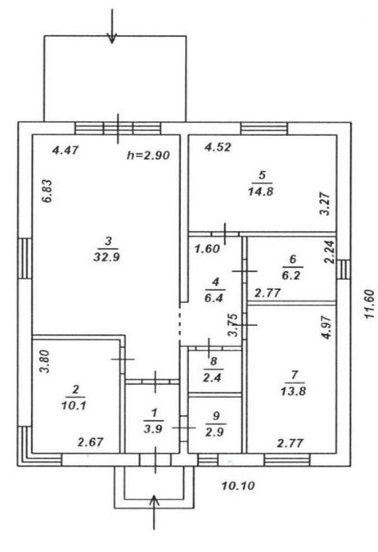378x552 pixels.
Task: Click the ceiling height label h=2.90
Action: pos(148,155)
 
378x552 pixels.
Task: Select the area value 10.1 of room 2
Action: pos(75,405)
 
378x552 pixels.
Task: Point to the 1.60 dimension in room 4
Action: pos(206,249)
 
